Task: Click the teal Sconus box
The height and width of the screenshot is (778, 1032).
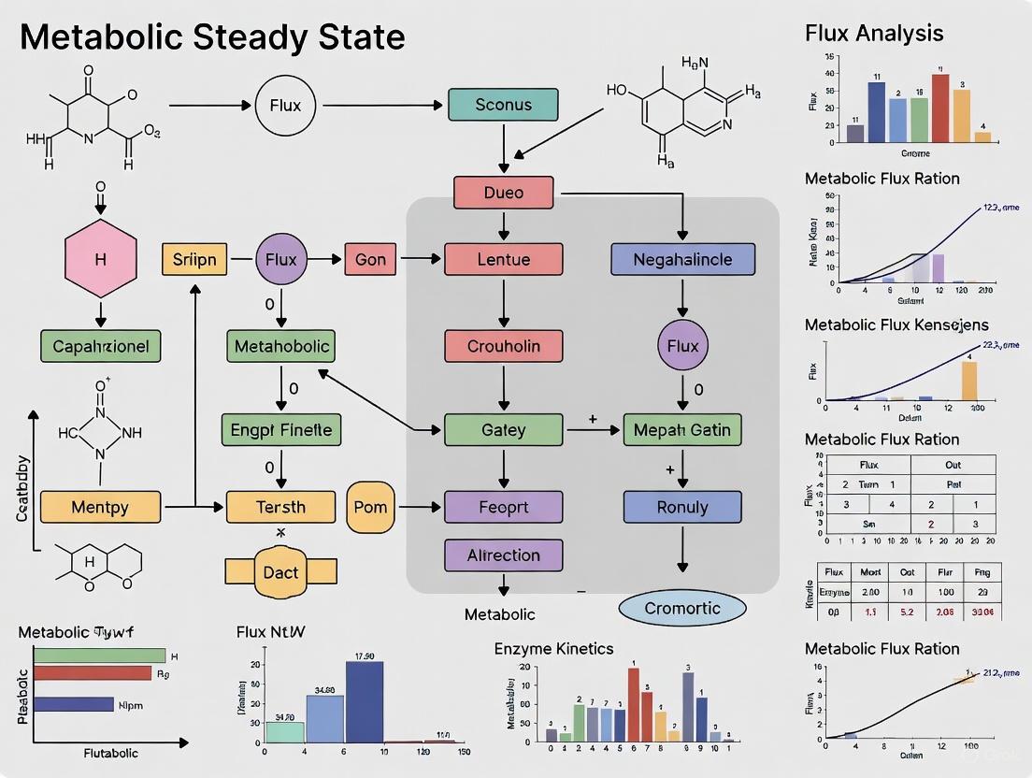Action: click(503, 105)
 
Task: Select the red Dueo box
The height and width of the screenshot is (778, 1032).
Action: click(503, 193)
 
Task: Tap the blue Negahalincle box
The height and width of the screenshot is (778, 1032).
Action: click(682, 259)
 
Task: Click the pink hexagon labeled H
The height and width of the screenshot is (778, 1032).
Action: click(100, 260)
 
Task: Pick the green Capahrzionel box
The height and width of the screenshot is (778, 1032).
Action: click(100, 346)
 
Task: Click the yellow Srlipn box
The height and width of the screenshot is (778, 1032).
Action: click(194, 259)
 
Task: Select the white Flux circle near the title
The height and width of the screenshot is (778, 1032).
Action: click(285, 106)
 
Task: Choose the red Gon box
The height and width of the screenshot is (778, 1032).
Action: click(370, 259)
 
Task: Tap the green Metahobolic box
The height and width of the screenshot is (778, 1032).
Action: click(281, 346)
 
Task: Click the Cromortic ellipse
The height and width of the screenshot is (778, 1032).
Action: click(682, 608)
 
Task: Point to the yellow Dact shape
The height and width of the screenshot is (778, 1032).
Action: click(280, 570)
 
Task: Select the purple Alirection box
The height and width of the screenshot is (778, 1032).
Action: click(503, 555)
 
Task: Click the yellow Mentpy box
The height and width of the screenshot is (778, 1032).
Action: click(99, 508)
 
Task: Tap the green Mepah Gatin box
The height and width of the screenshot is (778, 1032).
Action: click(682, 430)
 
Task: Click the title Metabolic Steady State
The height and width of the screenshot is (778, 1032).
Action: click(212, 37)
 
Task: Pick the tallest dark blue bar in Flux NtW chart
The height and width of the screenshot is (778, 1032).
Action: click(364, 701)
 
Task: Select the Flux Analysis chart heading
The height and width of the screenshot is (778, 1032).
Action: click(874, 34)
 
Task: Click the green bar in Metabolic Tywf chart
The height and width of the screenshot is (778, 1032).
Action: click(99, 656)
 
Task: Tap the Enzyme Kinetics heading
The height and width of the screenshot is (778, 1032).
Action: click(553, 648)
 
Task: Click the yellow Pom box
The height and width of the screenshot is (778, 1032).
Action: click(371, 507)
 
